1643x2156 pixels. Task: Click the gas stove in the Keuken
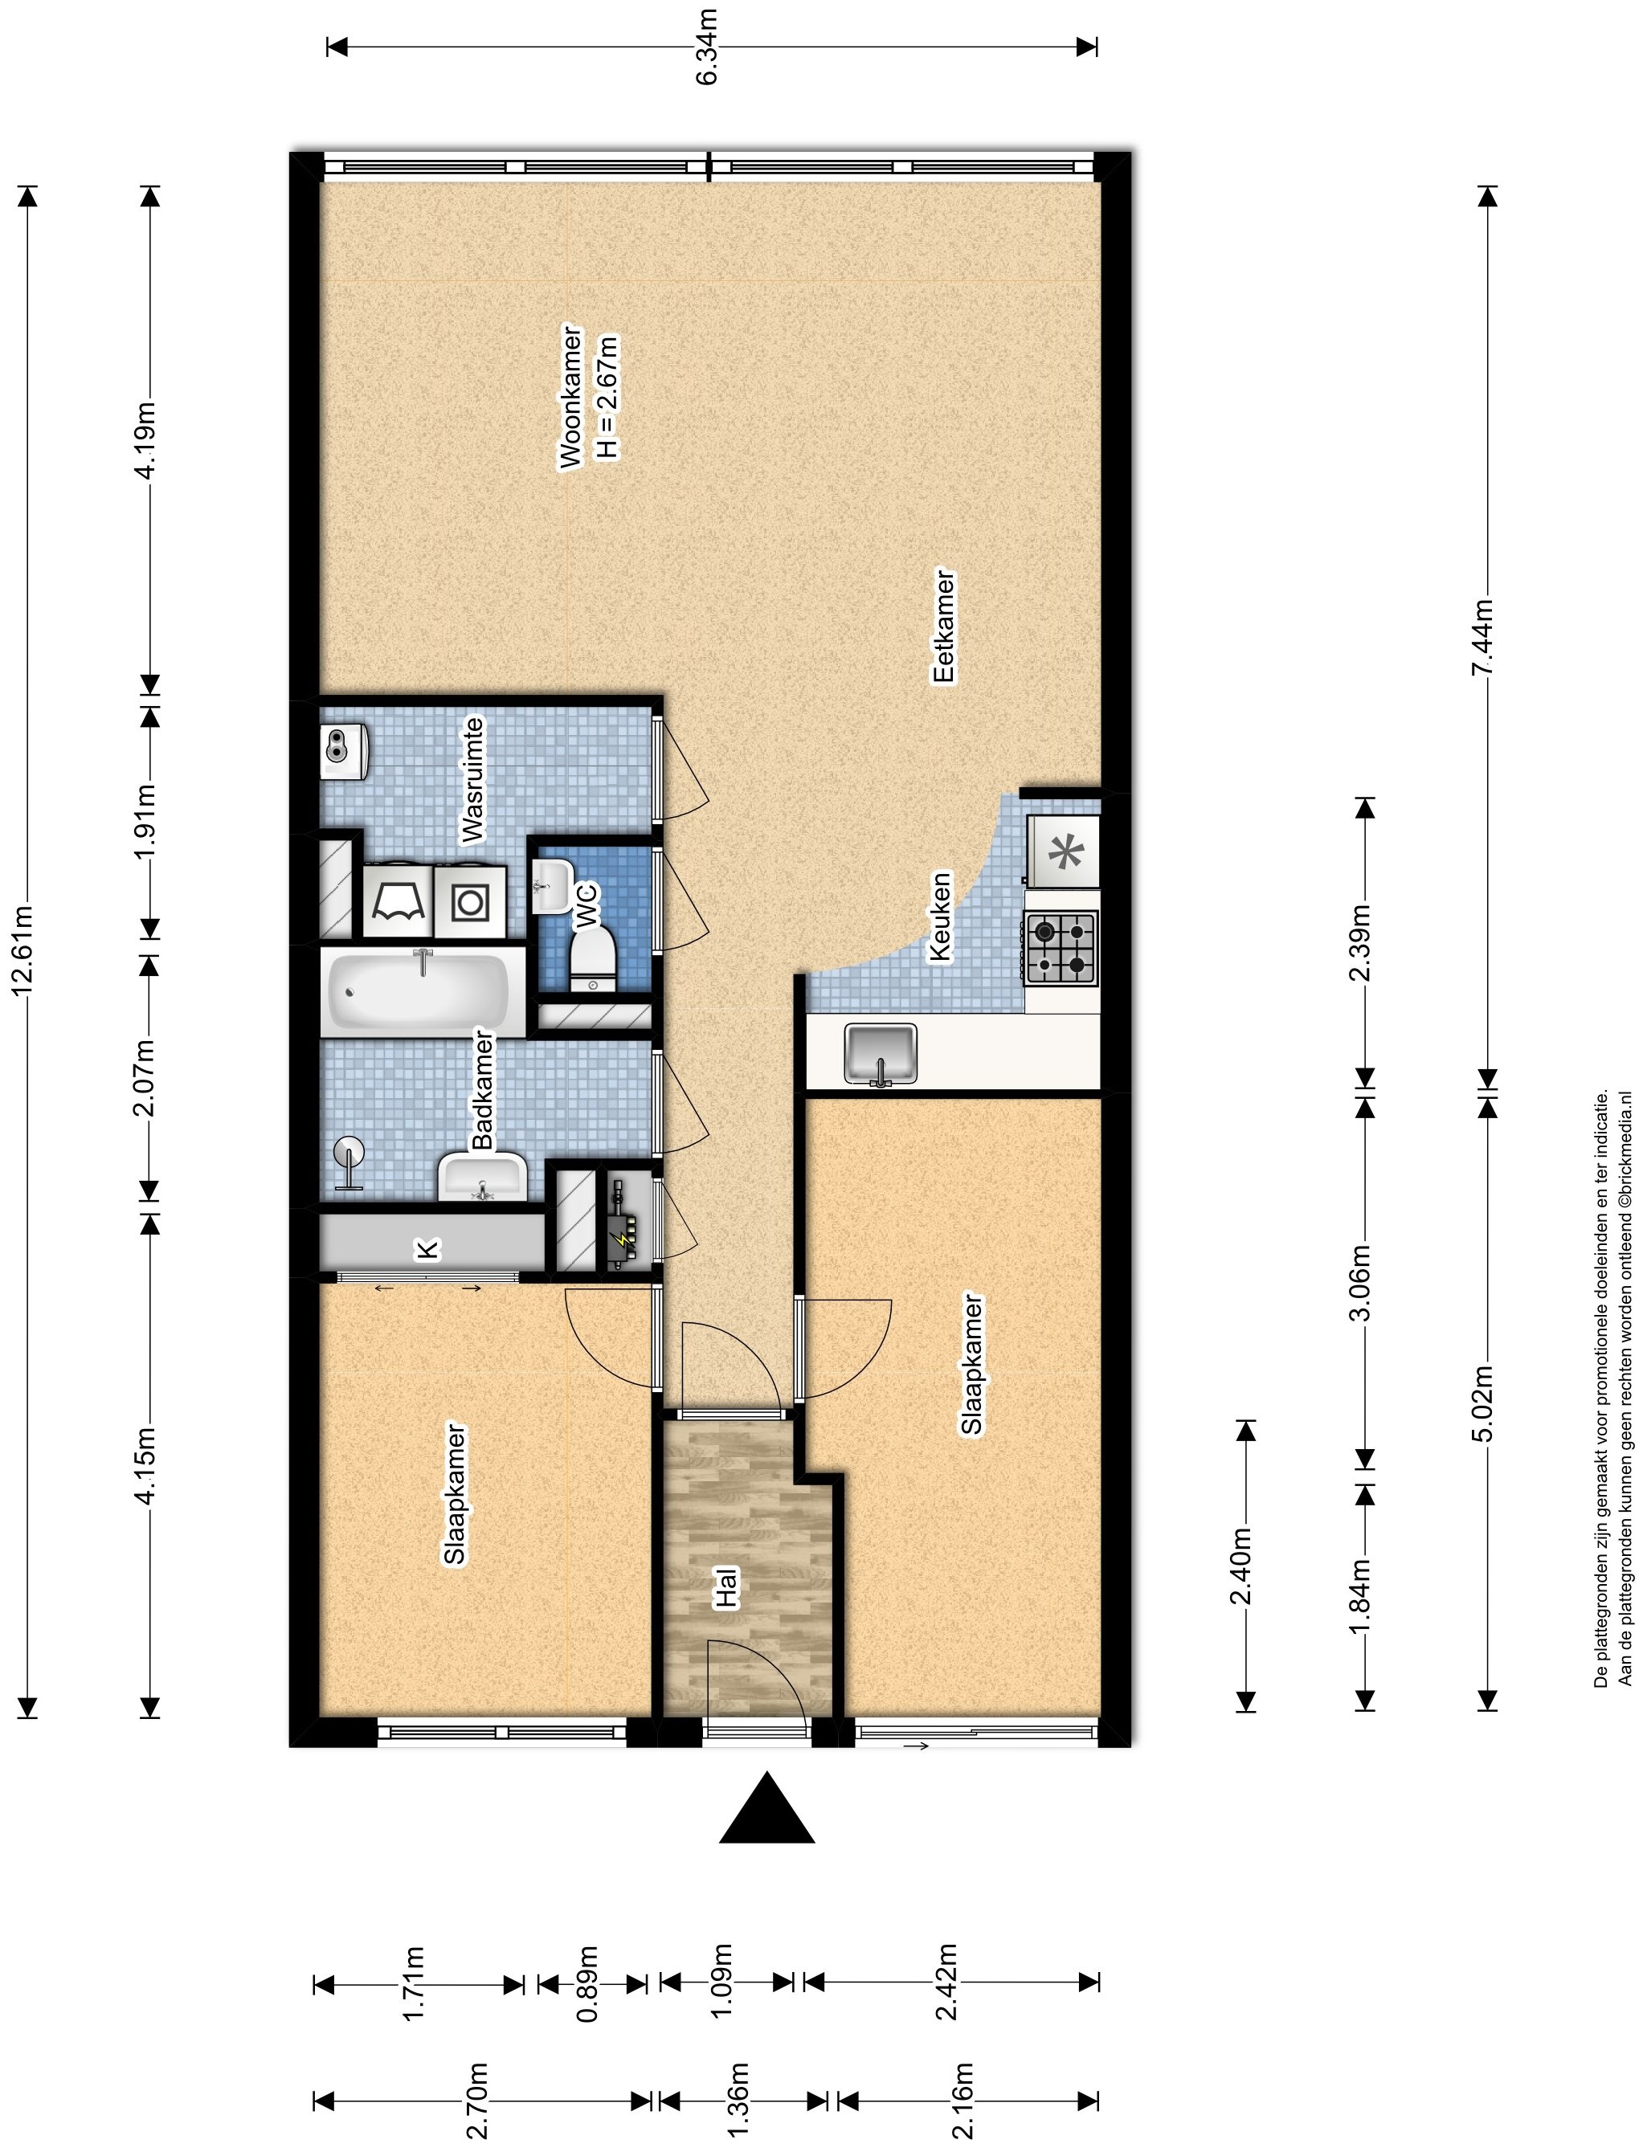point(1061,946)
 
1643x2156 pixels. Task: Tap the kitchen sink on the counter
point(881,1055)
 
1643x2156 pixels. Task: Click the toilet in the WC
point(594,959)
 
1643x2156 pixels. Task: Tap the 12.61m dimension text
point(22,951)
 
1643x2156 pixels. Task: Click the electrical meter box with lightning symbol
point(621,1221)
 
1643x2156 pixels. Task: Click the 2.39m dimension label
point(1361,944)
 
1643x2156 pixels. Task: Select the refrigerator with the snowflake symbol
point(1062,851)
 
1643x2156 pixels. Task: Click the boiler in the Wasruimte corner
point(342,752)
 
